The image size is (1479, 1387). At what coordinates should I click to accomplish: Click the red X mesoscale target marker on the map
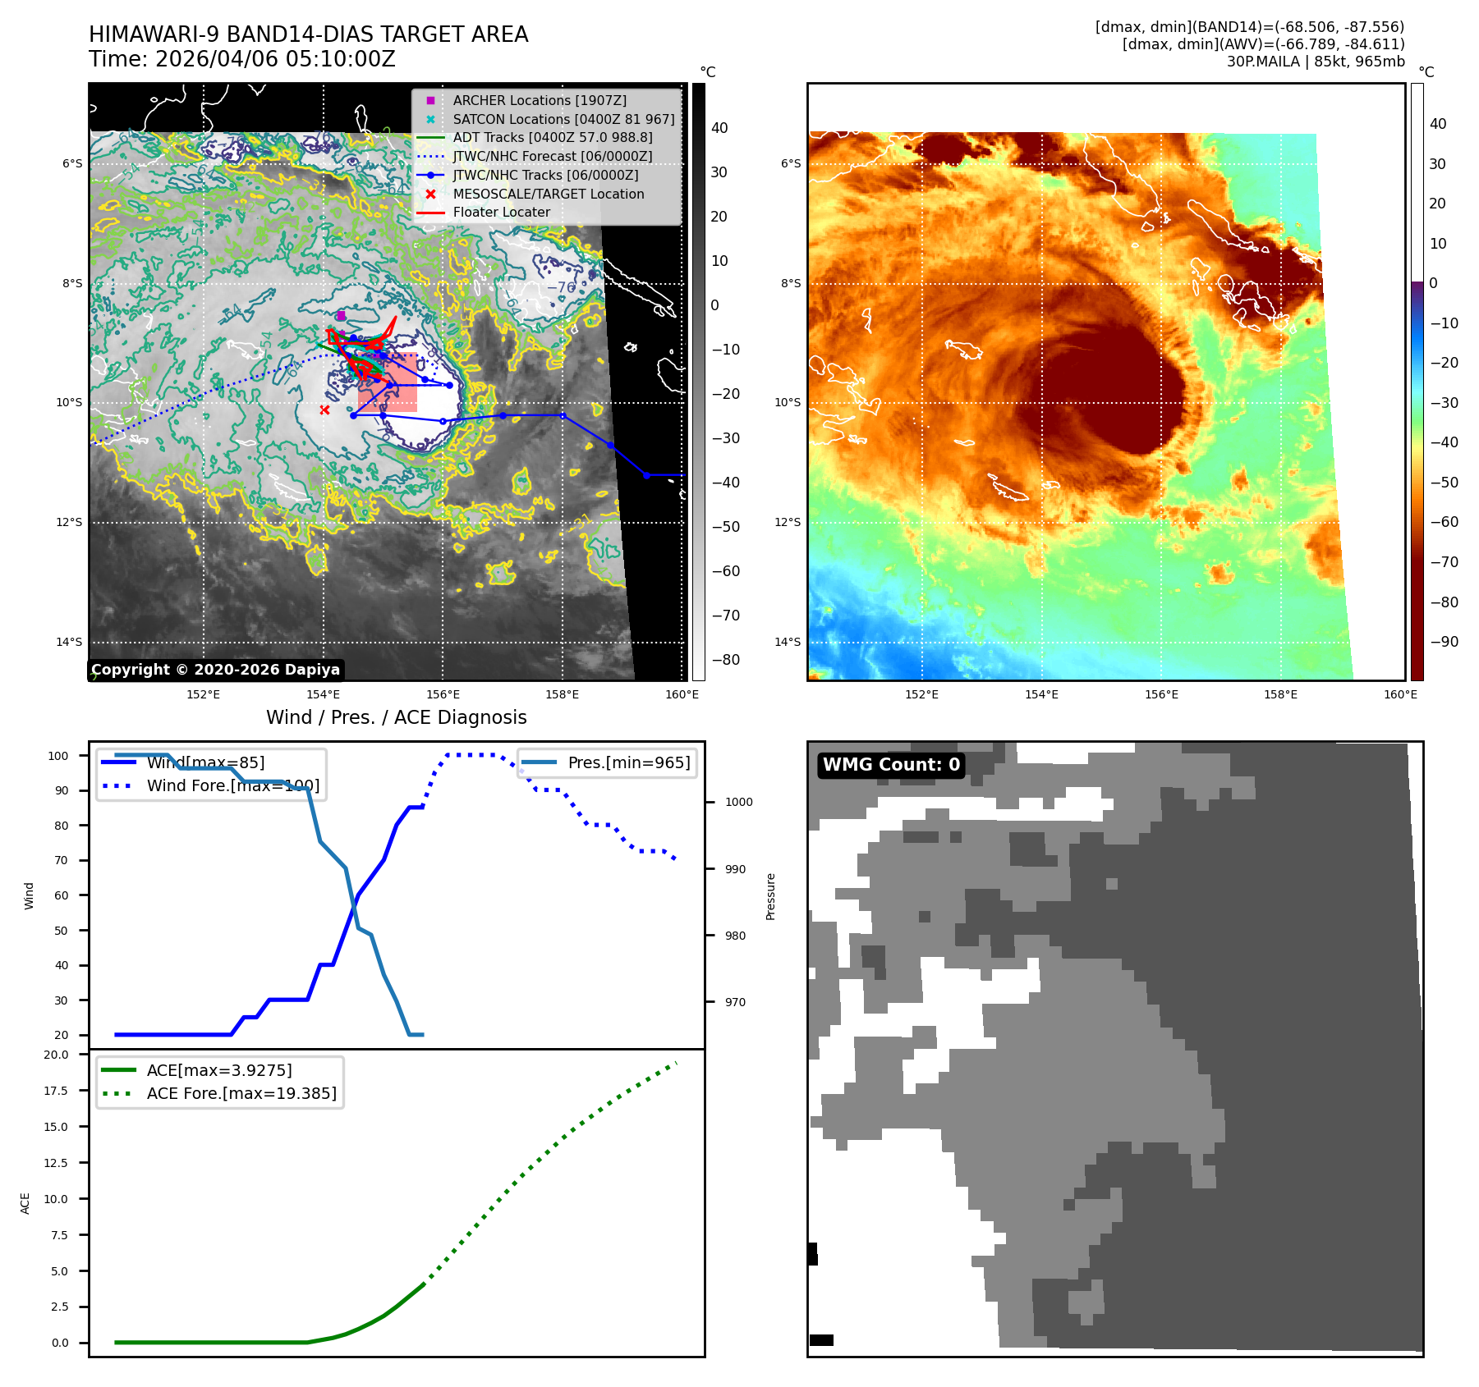(324, 410)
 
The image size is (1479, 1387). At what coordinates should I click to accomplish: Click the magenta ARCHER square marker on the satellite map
(341, 315)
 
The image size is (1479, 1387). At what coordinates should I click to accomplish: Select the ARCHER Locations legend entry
(539, 100)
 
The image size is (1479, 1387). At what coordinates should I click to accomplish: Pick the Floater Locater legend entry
(501, 212)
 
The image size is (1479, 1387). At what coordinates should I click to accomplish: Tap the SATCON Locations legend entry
(563, 119)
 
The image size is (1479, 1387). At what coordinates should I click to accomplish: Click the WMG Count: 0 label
(891, 765)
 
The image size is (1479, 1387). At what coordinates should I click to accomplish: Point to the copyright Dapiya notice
(215, 670)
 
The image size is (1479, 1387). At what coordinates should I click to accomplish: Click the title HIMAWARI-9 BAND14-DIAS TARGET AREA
(308, 34)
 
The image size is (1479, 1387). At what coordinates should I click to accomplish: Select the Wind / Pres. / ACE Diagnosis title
(396, 717)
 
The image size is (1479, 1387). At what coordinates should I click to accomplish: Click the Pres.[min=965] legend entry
(628, 762)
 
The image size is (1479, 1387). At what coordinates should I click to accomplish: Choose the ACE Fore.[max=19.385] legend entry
(241, 1093)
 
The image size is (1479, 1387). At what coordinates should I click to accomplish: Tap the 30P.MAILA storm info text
(1315, 62)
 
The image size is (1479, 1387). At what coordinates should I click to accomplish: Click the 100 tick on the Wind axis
(58, 756)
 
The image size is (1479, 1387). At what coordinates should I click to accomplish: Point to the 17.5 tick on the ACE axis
(57, 1091)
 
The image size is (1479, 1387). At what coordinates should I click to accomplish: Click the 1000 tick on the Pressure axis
(738, 802)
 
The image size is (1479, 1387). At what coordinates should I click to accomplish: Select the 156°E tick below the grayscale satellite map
(443, 694)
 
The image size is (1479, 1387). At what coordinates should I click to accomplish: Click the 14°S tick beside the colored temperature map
(787, 642)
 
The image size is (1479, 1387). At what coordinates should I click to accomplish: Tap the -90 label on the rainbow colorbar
(1443, 642)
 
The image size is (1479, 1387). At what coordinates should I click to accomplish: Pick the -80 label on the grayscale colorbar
(725, 660)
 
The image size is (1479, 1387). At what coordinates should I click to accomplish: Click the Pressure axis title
(770, 896)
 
